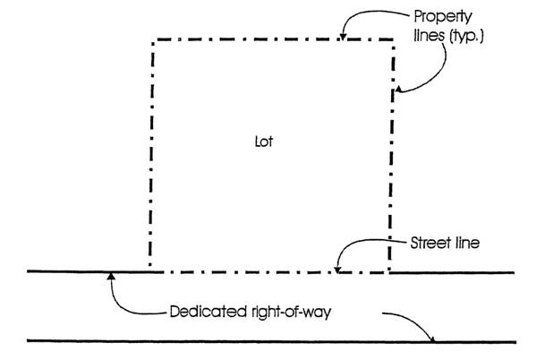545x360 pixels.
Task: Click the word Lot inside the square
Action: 262,141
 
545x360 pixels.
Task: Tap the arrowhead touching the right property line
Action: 397,90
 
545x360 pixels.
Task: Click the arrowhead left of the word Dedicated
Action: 110,276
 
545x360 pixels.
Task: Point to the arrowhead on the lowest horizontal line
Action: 434,339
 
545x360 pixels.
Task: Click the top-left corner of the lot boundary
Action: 155,39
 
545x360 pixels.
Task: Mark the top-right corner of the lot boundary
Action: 392,39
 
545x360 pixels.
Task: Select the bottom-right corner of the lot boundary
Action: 389,271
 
